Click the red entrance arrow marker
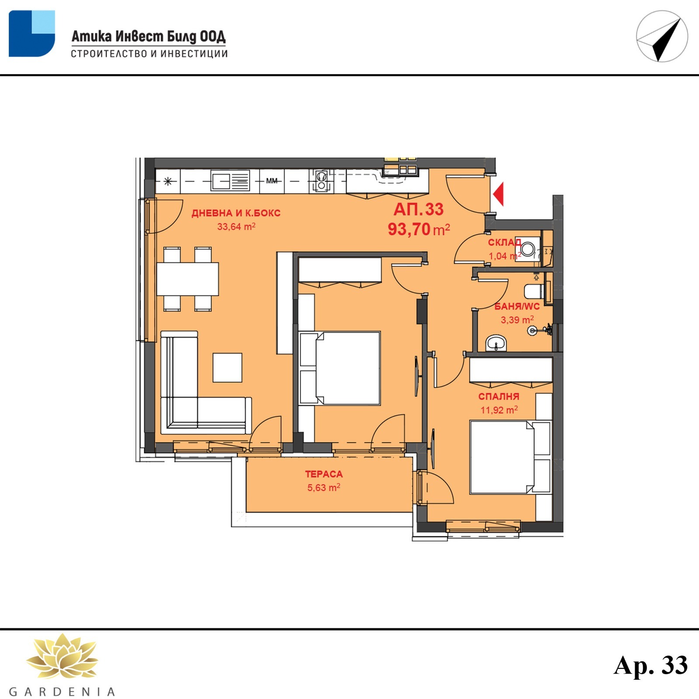[498, 194]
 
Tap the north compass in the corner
[662, 36]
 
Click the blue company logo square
[32, 34]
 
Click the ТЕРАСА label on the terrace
[324, 474]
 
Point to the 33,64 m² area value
[236, 227]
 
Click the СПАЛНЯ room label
[499, 397]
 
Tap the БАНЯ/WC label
[517, 306]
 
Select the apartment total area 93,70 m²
[419, 229]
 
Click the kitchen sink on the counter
[230, 180]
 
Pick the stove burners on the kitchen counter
[322, 181]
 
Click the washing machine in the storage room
[528, 249]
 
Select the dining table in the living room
[187, 279]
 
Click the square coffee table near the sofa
[228, 368]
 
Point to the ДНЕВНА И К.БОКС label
[236, 213]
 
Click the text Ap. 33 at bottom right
[651, 665]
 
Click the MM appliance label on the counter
[272, 181]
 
